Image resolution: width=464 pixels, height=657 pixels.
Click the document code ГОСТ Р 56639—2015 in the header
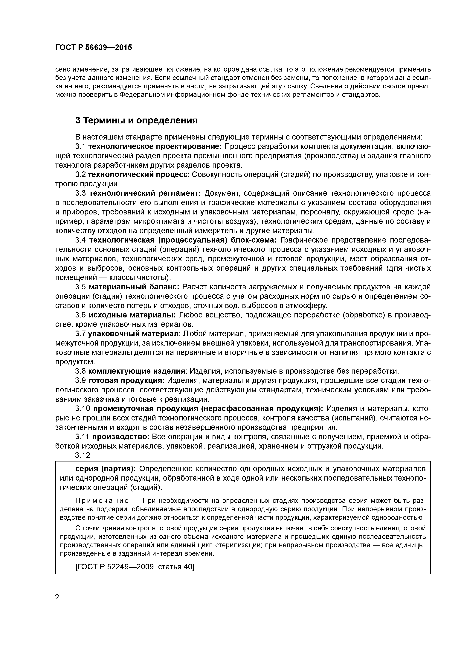[x=94, y=48]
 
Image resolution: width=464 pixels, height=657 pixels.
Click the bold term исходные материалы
[x=132, y=315]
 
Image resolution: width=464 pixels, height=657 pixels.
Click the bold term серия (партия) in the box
[x=106, y=469]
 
